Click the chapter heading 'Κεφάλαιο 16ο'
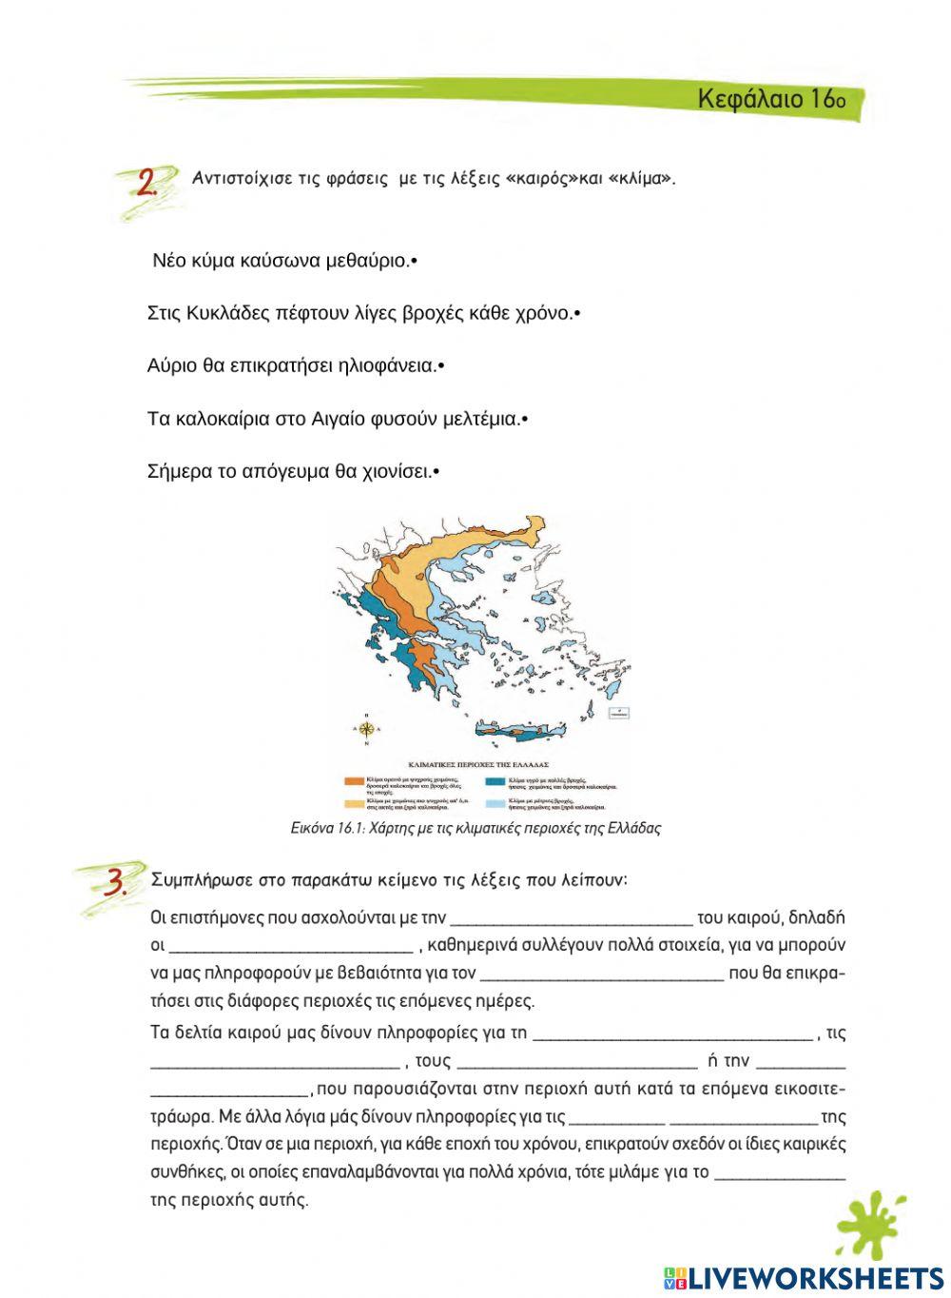click(769, 99)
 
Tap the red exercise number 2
click(146, 183)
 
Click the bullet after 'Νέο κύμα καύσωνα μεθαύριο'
click(414, 261)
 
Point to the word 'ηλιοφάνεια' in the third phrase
click(393, 366)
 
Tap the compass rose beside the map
click(368, 730)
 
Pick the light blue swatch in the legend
click(495, 802)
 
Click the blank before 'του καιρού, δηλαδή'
click(571, 918)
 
